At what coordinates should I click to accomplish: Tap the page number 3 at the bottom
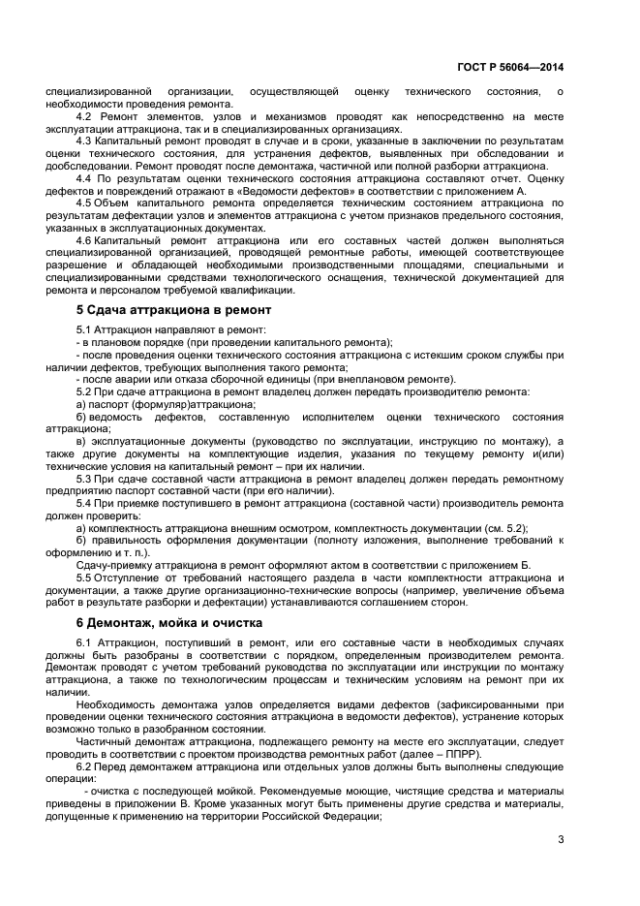pyautogui.click(x=560, y=839)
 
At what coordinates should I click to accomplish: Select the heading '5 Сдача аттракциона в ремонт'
pyautogui.click(x=173, y=309)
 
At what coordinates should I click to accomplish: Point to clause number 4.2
pyautogui.click(x=84, y=116)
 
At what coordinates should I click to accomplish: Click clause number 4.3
pyautogui.click(x=84, y=141)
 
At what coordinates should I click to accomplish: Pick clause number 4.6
pyautogui.click(x=84, y=239)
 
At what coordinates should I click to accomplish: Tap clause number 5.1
pyautogui.click(x=84, y=330)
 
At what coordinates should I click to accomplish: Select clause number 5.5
pyautogui.click(x=84, y=578)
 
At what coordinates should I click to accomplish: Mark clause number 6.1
pyautogui.click(x=84, y=643)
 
